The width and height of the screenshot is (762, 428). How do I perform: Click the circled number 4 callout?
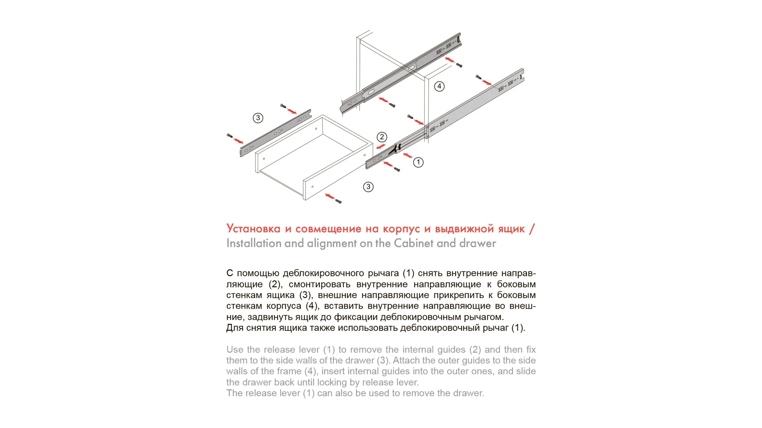[x=439, y=86]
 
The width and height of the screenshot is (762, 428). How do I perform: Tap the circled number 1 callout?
[x=418, y=162]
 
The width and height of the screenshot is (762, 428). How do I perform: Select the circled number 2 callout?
[x=382, y=137]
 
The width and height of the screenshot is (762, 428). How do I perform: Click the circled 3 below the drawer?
[x=368, y=187]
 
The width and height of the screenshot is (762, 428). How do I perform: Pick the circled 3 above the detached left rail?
[x=258, y=118]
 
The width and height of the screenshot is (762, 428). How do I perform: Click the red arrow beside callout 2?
[x=381, y=147]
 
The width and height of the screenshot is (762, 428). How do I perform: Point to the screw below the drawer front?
[x=339, y=201]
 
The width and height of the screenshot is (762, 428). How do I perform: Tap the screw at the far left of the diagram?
[x=229, y=136]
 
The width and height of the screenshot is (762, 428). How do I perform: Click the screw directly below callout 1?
[x=397, y=170]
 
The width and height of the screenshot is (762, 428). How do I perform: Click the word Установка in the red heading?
[x=253, y=229]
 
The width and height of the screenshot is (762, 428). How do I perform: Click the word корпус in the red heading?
[x=401, y=229]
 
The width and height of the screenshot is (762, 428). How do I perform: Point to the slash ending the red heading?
[x=532, y=229]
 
